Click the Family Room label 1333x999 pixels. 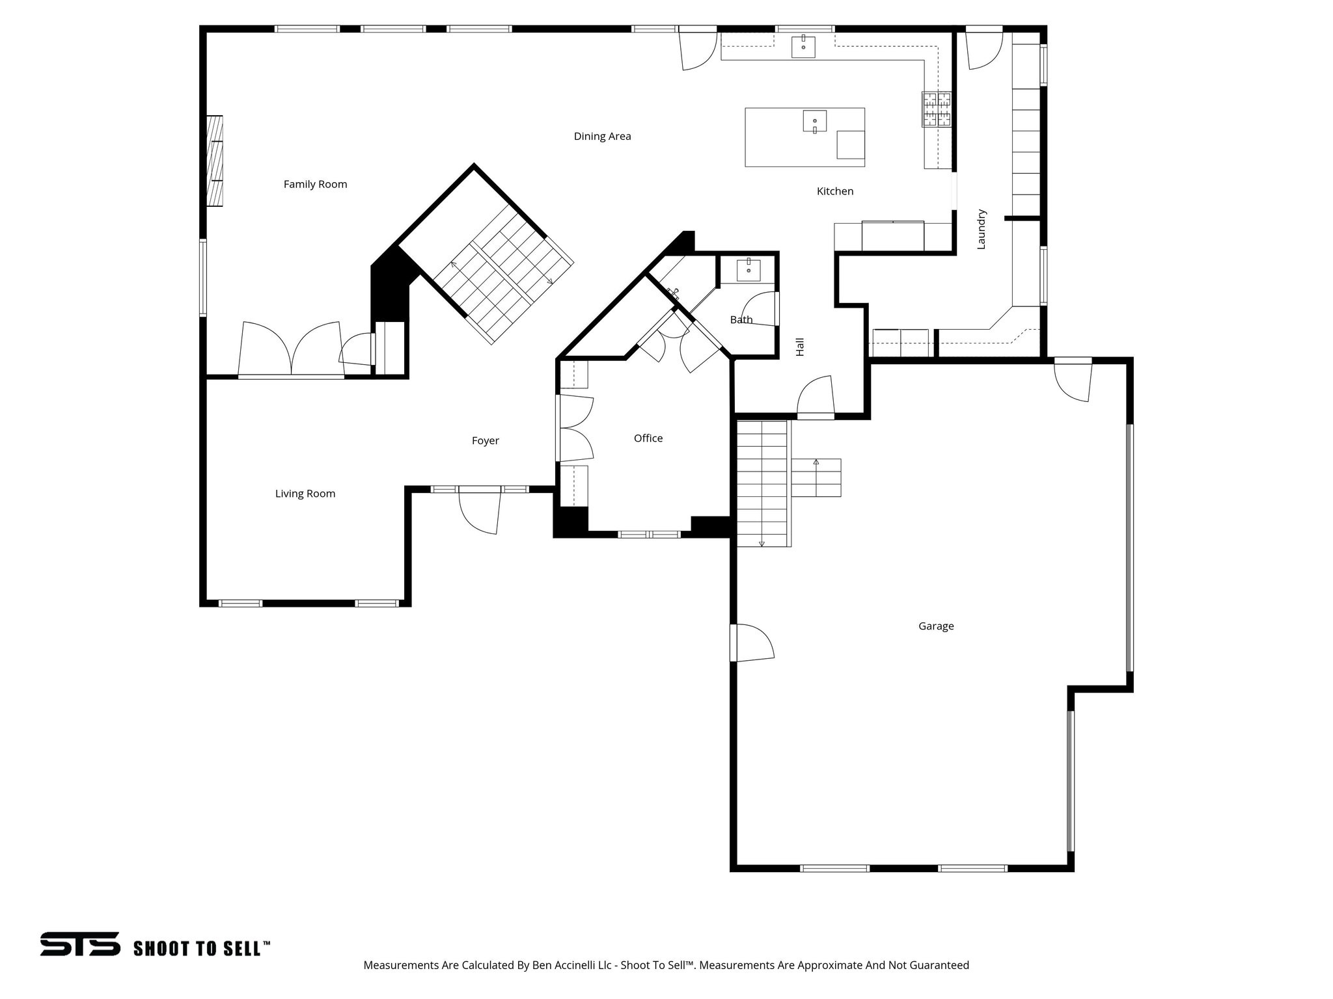(x=315, y=184)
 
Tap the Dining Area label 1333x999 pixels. (x=602, y=136)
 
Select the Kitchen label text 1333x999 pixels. (x=834, y=191)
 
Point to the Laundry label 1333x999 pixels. (x=982, y=229)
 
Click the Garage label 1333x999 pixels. (x=935, y=626)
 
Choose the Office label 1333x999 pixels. (x=648, y=438)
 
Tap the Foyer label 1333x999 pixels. (x=485, y=441)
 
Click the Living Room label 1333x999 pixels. (x=305, y=494)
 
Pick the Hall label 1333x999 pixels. (x=800, y=347)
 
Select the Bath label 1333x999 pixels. (x=741, y=319)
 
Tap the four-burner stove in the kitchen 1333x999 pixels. (x=936, y=109)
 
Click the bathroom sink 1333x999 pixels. (x=749, y=270)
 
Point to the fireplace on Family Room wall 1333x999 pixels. (x=215, y=161)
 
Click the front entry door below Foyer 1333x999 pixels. (x=480, y=511)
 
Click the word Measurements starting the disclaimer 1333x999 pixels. (x=401, y=983)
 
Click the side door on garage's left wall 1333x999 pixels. (x=752, y=643)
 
